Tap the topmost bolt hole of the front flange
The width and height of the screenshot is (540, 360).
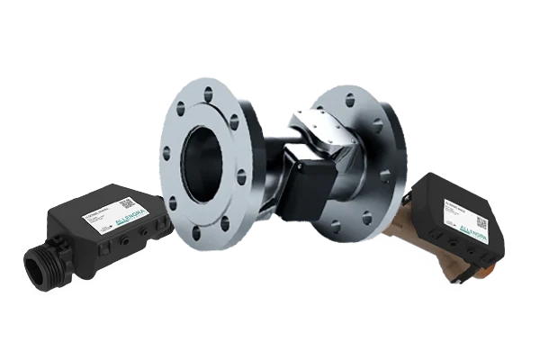[210, 92]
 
